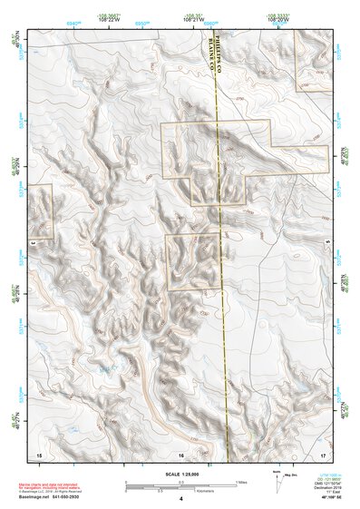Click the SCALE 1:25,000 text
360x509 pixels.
[179, 474]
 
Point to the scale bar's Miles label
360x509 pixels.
[241, 481]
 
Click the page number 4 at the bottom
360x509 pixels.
[180, 499]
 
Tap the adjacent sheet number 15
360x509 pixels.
[38, 453]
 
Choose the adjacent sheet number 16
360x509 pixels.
[180, 453]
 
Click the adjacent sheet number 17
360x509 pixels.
[323, 453]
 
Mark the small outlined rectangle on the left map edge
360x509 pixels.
[41, 212]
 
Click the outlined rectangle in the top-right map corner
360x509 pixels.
[314, 60]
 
